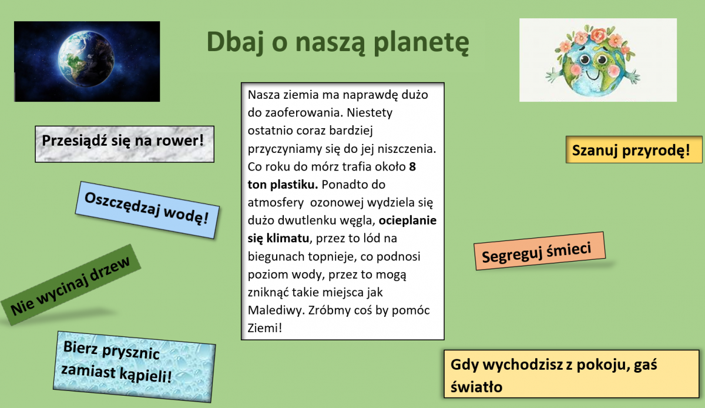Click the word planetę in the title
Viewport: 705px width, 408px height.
tap(421, 42)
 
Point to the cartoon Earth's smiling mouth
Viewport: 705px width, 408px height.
tap(593, 75)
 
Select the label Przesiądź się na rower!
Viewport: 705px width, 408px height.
tap(125, 144)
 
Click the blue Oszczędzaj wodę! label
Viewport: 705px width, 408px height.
tap(147, 209)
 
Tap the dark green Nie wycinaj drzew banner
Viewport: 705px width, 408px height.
tap(71, 285)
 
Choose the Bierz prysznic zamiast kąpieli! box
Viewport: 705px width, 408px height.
tap(135, 367)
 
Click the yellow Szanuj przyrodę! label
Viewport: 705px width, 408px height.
tap(634, 150)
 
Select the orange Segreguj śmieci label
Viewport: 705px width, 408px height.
tap(539, 251)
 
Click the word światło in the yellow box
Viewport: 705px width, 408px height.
tap(476, 387)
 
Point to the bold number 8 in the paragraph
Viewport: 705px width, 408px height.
tap(412, 166)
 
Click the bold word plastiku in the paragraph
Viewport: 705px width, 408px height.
tap(294, 185)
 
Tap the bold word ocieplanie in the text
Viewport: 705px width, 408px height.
tap(408, 220)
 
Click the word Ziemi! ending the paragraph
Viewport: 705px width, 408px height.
tap(265, 328)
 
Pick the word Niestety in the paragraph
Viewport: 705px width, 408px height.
tap(370, 112)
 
